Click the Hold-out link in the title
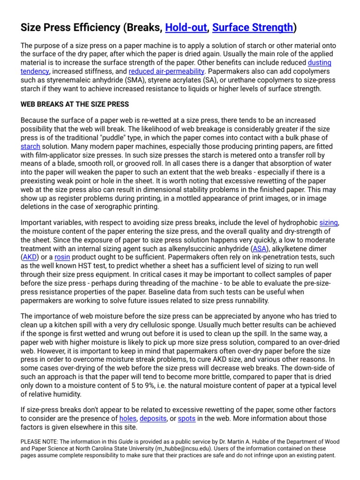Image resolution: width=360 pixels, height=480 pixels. tap(186, 28)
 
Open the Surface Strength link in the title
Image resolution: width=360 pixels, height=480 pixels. tap(253, 28)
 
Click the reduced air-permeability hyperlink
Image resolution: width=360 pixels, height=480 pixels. tap(166, 71)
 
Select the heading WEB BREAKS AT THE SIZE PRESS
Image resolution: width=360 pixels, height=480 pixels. tap(75, 104)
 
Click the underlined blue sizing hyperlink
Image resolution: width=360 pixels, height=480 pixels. tap(328, 223)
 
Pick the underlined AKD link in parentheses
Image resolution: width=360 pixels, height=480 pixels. tap(30, 257)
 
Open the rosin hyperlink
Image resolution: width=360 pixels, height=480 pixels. tap(62, 257)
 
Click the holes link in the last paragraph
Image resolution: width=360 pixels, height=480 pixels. tap(127, 418)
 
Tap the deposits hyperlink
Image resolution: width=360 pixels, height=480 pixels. tap(153, 418)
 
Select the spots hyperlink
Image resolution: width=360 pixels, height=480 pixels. tap(187, 418)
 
